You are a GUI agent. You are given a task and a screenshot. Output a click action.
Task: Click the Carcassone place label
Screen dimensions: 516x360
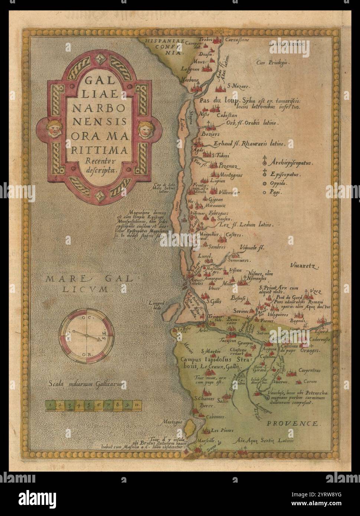click(238, 39)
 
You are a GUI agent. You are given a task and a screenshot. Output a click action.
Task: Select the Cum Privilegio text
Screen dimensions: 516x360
click(272, 63)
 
